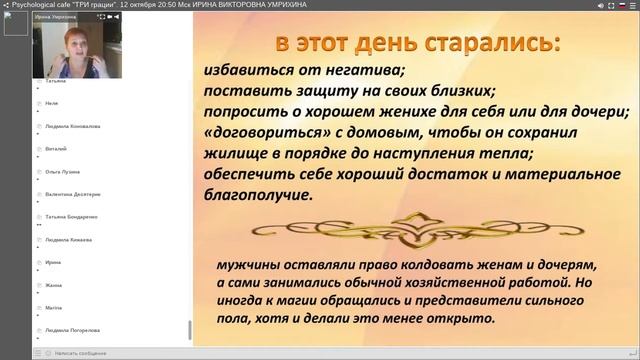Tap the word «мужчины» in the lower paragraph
point(247,265)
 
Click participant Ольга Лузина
point(64,171)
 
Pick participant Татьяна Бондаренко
point(71,217)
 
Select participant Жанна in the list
point(54,285)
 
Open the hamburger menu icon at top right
point(633,5)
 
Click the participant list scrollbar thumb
point(189,330)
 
